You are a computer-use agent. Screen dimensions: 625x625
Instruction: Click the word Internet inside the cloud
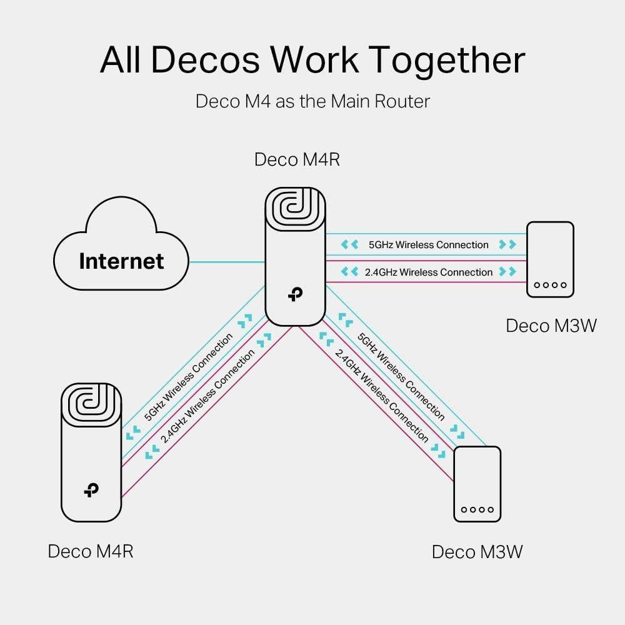(x=121, y=261)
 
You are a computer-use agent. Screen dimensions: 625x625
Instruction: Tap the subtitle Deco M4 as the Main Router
(x=312, y=101)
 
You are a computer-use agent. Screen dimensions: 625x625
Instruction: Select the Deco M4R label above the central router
(x=297, y=159)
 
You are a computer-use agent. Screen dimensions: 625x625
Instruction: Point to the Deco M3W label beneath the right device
(x=551, y=326)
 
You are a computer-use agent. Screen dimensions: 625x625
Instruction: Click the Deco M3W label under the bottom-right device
(x=477, y=552)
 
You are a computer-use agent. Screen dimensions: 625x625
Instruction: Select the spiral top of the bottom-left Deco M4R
(x=91, y=406)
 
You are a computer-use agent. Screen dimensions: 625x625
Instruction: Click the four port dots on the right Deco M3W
(x=550, y=285)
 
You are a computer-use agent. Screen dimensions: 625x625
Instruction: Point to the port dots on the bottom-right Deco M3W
(x=477, y=510)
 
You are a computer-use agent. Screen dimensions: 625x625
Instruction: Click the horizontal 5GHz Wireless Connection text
(x=428, y=244)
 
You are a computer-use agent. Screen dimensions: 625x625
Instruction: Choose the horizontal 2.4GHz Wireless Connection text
(x=428, y=272)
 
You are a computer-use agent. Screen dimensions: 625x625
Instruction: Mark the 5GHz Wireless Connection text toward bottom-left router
(x=187, y=377)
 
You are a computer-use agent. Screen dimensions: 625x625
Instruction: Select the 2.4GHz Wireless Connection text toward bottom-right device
(x=382, y=395)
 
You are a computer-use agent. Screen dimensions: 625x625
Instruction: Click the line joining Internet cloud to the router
(x=227, y=262)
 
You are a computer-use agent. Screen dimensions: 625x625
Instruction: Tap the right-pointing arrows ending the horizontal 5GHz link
(x=508, y=244)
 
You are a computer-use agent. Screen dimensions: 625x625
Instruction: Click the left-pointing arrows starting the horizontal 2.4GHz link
(x=349, y=272)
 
